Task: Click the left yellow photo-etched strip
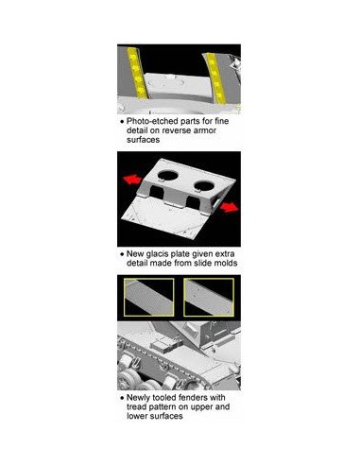pyautogui.click(x=137, y=74)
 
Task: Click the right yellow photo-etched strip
pyautogui.click(x=215, y=78)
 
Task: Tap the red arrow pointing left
pyautogui.click(x=132, y=180)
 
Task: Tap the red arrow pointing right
pyautogui.click(x=230, y=207)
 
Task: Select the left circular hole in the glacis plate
pyautogui.click(x=168, y=175)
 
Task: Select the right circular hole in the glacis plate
pyautogui.click(x=204, y=185)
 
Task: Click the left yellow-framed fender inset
pyautogui.click(x=149, y=297)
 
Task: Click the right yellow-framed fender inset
pyautogui.click(x=209, y=297)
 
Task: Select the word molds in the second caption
pyautogui.click(x=226, y=263)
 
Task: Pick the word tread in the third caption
pyautogui.click(x=136, y=406)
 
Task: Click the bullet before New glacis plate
pyautogui.click(x=122, y=254)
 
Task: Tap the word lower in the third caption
pyautogui.click(x=137, y=416)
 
